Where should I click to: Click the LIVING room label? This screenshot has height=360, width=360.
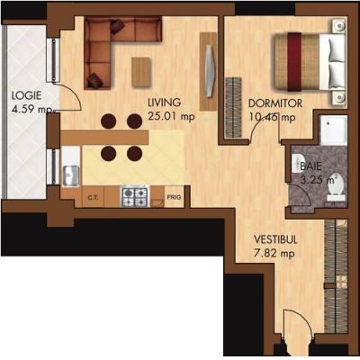tap(165, 103)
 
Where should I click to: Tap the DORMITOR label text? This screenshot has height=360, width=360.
tap(275, 103)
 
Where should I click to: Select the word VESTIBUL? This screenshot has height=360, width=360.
tap(275, 239)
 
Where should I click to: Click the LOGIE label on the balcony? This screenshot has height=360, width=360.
tap(26, 96)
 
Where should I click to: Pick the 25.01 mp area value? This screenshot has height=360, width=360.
tap(171, 116)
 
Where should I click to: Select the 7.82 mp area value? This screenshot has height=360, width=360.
tap(274, 254)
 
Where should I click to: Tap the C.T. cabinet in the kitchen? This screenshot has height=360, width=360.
tap(93, 197)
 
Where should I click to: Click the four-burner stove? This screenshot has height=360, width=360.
tap(135, 196)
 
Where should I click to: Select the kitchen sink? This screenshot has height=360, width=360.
tap(70, 175)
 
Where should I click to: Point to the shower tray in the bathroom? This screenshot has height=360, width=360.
tap(333, 130)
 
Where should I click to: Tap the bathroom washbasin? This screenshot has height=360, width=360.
tap(298, 163)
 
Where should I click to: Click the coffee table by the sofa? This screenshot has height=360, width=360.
tap(141, 72)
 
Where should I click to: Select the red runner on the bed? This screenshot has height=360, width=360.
tap(295, 62)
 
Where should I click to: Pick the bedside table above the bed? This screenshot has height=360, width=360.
tap(339, 24)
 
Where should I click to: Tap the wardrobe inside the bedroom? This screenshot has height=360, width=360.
tap(234, 108)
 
